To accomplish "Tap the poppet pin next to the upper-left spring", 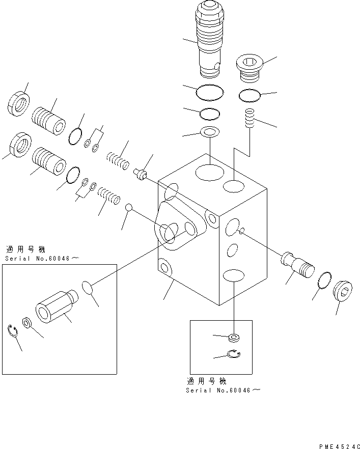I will tap(140, 175).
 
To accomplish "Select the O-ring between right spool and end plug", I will tap(324, 279).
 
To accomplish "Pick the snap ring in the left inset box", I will tap(14, 332).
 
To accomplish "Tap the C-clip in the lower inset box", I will tap(235, 354).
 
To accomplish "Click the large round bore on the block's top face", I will tap(209, 172).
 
